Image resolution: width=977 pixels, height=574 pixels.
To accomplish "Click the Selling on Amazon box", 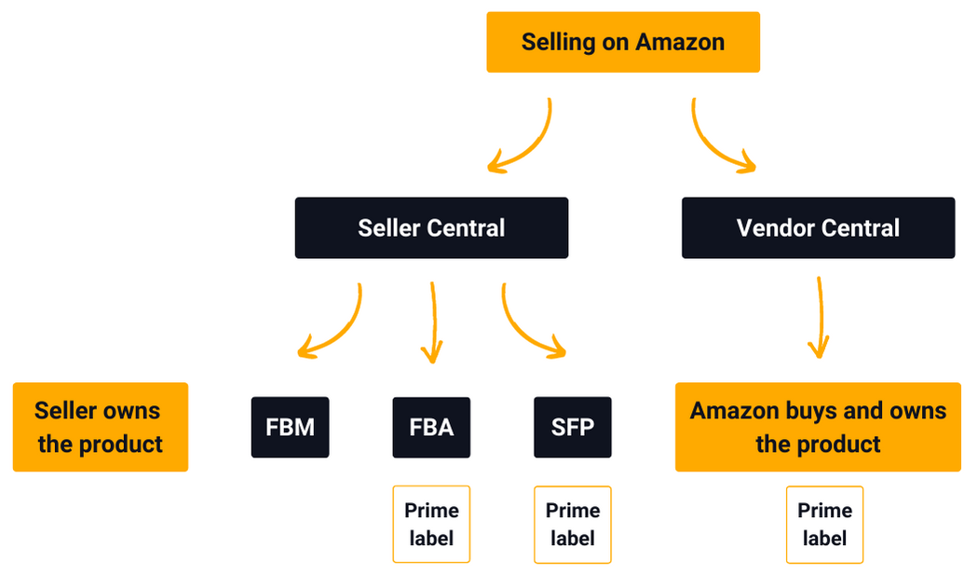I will click(x=623, y=42).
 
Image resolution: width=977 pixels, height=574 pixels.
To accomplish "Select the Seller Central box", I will click(x=431, y=228).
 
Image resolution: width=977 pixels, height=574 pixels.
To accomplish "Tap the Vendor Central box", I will click(x=818, y=228).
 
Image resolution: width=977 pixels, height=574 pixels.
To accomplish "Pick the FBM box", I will click(x=290, y=428).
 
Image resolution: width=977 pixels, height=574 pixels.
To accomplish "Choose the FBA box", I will click(x=431, y=428).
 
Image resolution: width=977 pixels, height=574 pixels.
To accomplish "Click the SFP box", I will click(x=573, y=428).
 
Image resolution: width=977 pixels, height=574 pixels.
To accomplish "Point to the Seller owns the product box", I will click(x=100, y=427).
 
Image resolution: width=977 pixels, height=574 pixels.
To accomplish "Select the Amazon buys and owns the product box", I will click(x=818, y=427).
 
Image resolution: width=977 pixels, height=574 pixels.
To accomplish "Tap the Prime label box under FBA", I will click(x=431, y=524).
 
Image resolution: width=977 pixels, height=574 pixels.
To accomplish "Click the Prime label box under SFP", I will click(x=573, y=524).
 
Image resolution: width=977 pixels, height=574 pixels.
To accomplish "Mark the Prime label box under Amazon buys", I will click(x=824, y=524).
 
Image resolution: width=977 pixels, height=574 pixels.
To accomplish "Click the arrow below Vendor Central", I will click(x=820, y=317).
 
